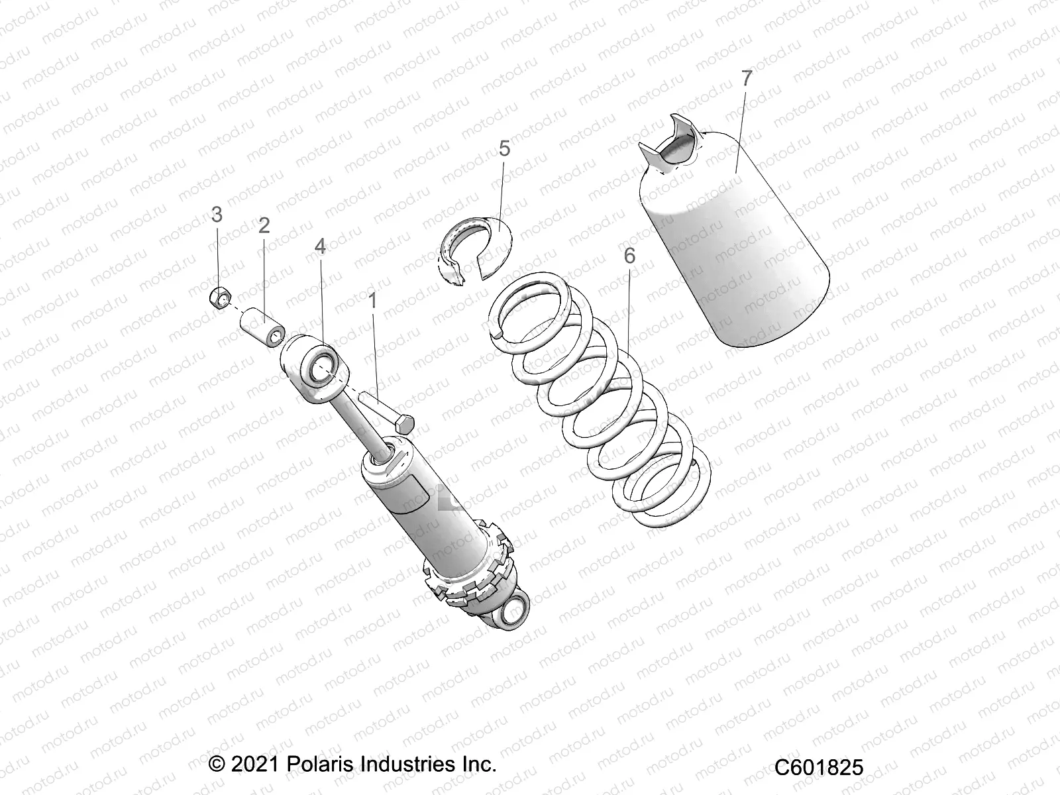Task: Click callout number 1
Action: pyautogui.click(x=372, y=302)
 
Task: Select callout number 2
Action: pyautogui.click(x=264, y=226)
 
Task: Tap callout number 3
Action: pyautogui.click(x=217, y=215)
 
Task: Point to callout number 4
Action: pyautogui.click(x=320, y=247)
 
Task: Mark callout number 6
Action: pyautogui.click(x=629, y=256)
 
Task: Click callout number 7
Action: pyautogui.click(x=747, y=78)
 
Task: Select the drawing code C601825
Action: pyautogui.click(x=819, y=767)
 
